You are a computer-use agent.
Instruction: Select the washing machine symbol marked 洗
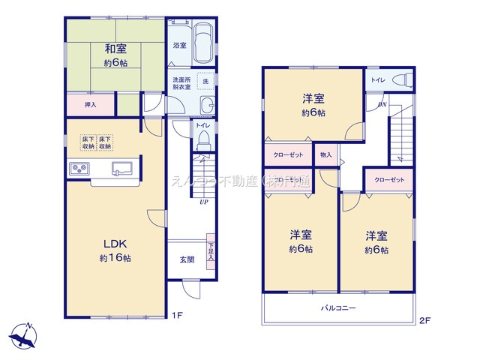205,80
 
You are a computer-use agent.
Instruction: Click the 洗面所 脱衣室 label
181,83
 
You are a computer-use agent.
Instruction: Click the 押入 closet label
89,105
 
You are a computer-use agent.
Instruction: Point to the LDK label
115,243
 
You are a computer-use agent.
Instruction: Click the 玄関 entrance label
187,259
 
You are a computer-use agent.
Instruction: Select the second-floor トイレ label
378,79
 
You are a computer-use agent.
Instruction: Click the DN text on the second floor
382,105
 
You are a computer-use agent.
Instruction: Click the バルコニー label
338,308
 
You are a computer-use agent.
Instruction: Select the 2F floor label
424,321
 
